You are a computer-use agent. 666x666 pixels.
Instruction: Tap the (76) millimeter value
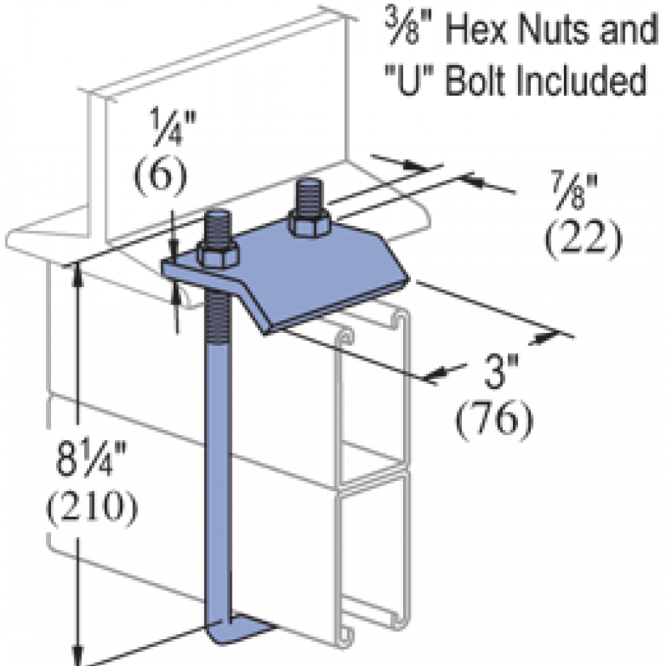(493, 419)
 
